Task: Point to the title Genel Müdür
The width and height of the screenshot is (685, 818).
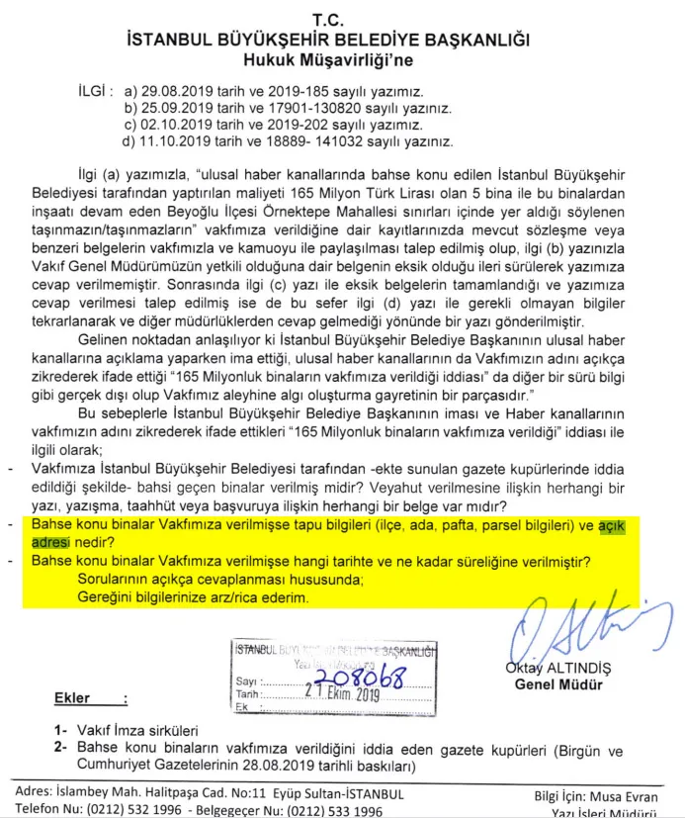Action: point(557,684)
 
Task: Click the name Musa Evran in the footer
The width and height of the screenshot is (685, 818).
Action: point(624,795)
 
